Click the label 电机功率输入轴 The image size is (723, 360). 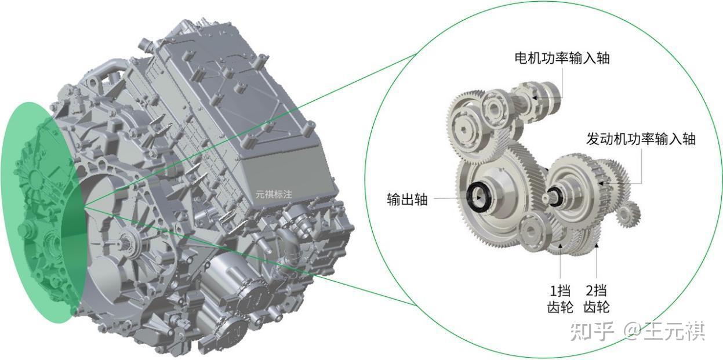pyautogui.click(x=562, y=59)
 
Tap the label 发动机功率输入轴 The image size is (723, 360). pyautogui.click(x=641, y=139)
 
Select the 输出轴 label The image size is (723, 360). pyautogui.click(x=408, y=199)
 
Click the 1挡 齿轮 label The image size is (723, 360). pyautogui.click(x=560, y=299)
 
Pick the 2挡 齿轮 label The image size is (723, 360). pyautogui.click(x=597, y=299)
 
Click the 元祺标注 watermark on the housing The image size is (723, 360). pyautogui.click(x=274, y=194)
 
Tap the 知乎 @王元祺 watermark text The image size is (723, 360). pyautogui.click(x=637, y=331)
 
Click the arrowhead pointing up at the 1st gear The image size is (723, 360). pyautogui.click(x=560, y=246)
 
